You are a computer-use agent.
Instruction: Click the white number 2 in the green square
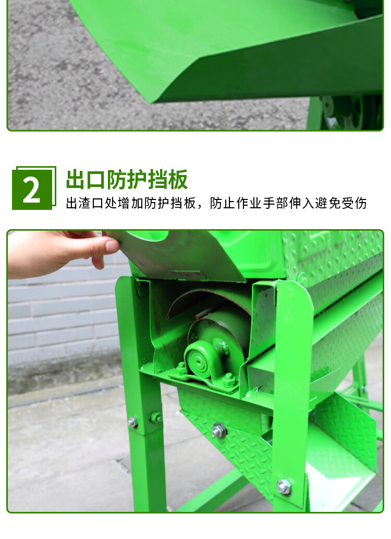[x=32, y=190]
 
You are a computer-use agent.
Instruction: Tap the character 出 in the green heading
[x=76, y=180]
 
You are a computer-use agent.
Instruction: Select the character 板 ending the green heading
[x=178, y=180]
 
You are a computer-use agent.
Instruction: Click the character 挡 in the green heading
[x=157, y=180]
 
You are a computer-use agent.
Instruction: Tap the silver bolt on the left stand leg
[x=133, y=422]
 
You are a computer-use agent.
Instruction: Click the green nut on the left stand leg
[x=156, y=417]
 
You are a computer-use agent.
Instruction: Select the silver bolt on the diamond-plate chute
[x=218, y=430]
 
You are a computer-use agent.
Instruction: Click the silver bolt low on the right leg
[x=284, y=486]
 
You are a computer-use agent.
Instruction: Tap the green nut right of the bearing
[x=228, y=380]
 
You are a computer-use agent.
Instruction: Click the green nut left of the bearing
[x=181, y=369]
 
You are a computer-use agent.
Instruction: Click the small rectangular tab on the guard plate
[x=189, y=274]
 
